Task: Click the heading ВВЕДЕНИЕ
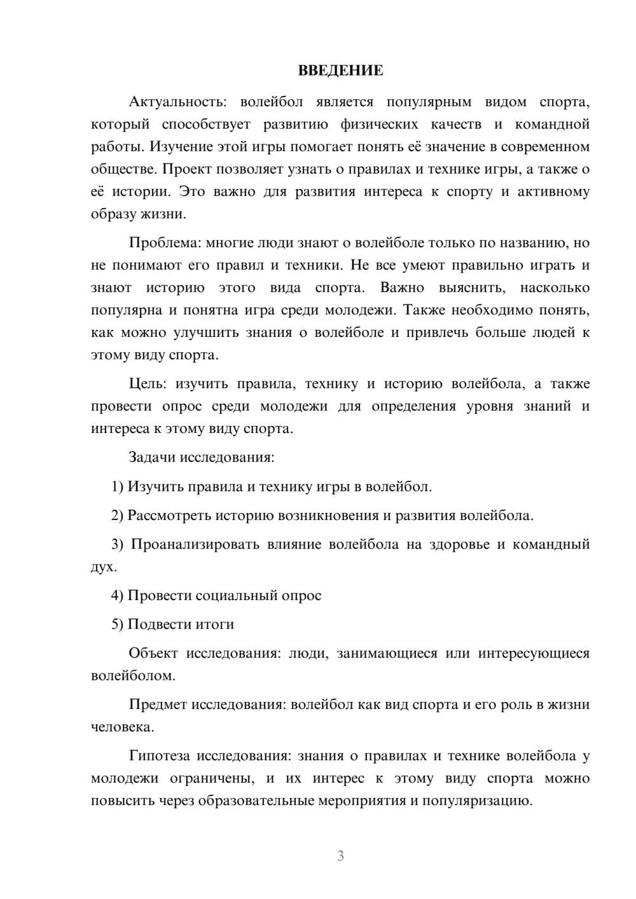click(340, 71)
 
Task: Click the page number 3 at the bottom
click(340, 856)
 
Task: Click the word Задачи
click(153, 457)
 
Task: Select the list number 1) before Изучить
click(117, 487)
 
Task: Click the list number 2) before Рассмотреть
click(117, 516)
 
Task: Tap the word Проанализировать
click(195, 545)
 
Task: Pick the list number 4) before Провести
click(117, 596)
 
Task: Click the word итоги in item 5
click(216, 624)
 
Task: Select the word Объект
click(153, 654)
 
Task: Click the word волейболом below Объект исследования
click(132, 676)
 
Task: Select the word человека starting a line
click(121, 727)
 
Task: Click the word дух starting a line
click(102, 567)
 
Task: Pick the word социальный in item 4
click(233, 596)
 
